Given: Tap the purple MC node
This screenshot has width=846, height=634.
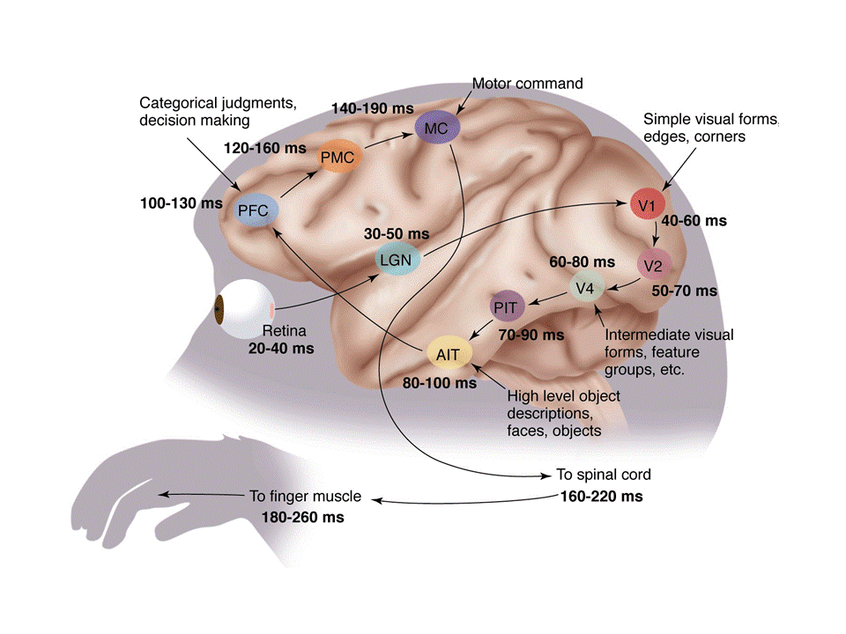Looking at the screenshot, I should point(436,129).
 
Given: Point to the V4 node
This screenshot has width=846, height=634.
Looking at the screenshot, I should point(585,288).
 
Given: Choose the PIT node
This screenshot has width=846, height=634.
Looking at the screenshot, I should point(507,307).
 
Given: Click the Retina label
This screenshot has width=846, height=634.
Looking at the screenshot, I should point(285,332).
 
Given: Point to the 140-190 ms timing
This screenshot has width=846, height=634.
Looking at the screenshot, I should point(372,108).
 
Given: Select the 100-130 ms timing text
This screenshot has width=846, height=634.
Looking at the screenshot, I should point(181,203).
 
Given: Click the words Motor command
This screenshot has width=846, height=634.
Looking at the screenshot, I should point(528,85).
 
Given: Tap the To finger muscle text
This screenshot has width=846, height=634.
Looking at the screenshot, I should point(306,498).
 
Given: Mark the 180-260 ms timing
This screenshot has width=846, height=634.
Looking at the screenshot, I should point(302,518).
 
